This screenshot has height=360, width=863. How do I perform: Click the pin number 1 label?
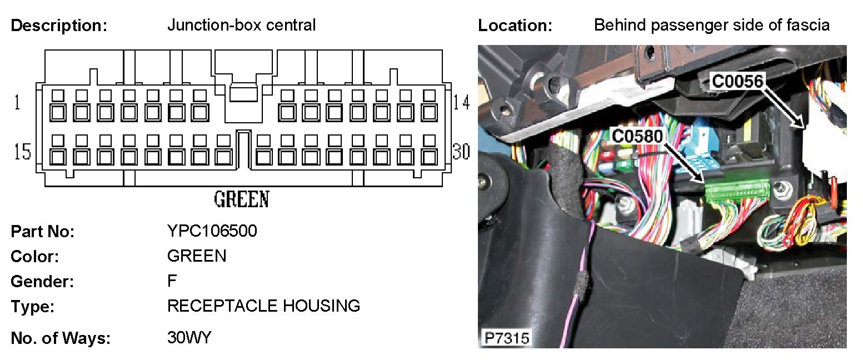tap(17, 103)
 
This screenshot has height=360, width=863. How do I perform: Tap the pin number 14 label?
tap(461, 103)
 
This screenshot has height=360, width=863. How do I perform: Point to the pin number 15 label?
tap(22, 152)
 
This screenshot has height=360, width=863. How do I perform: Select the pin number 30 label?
tap(461, 152)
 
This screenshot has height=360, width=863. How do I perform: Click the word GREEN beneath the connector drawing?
tap(241, 199)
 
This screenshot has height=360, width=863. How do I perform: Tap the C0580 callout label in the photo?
tap(637, 135)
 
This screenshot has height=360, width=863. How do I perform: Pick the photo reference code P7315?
tap(506, 337)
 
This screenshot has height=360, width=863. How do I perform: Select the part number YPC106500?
tap(212, 231)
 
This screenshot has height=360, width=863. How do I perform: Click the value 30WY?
tap(189, 337)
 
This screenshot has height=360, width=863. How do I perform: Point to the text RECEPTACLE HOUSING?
tap(263, 306)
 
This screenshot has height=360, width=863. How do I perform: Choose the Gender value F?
tap(172, 281)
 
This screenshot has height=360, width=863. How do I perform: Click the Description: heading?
tap(58, 26)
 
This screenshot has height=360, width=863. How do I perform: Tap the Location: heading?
tap(515, 26)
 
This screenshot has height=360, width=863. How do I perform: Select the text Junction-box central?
tap(241, 25)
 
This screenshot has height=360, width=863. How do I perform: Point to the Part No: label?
tap(42, 232)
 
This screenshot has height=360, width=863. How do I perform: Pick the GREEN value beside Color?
tap(196, 256)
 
